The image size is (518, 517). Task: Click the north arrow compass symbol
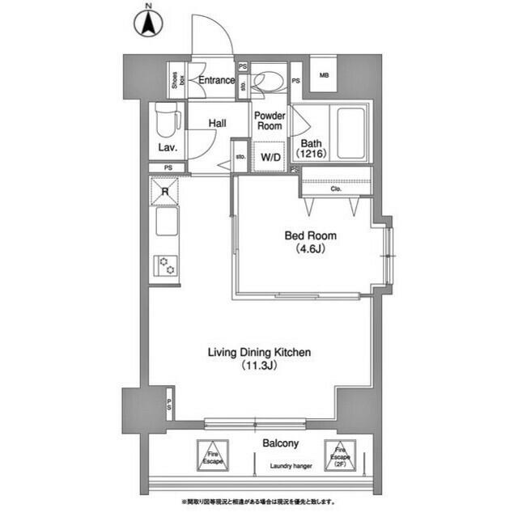(x=148, y=21)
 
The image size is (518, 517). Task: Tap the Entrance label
(x=217, y=81)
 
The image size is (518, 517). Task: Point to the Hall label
(x=217, y=124)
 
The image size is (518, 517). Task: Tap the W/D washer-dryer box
(x=269, y=157)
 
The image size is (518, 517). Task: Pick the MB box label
(x=324, y=76)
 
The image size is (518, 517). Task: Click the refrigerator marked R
(x=164, y=192)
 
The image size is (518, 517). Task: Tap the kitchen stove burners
(x=166, y=266)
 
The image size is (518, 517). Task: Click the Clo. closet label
(x=336, y=189)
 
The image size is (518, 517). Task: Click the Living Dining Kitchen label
(x=260, y=358)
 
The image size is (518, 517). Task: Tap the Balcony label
(x=280, y=443)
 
